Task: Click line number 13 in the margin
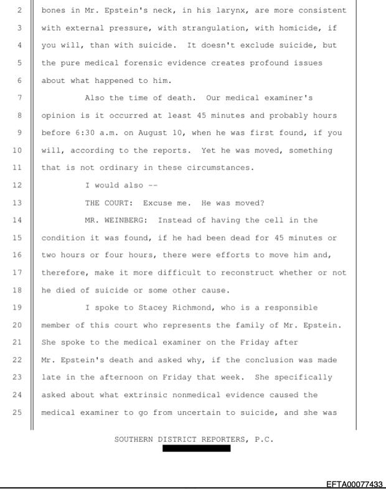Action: (x=17, y=202)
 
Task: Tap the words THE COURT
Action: (x=108, y=202)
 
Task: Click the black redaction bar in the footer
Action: (x=196, y=448)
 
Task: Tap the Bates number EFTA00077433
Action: (x=355, y=483)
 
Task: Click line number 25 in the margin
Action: (x=17, y=412)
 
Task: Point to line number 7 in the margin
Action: (x=17, y=98)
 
